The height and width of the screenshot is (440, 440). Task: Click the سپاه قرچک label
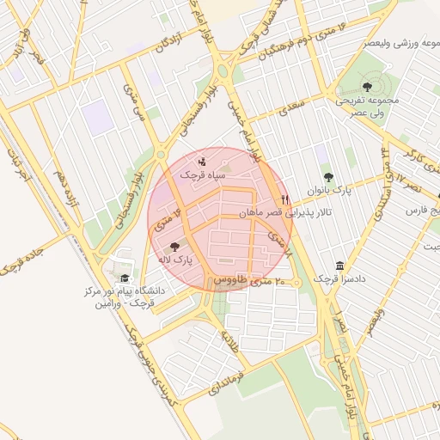tap(203, 174)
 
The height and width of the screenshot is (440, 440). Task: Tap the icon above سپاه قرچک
tap(202, 160)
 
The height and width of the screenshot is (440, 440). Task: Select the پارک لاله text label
tap(174, 259)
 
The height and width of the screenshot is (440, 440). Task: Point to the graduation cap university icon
tap(125, 278)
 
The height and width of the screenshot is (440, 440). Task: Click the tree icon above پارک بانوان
tap(328, 176)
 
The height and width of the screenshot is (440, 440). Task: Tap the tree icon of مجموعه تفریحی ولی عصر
tap(368, 86)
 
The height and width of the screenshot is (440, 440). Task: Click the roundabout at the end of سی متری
tap(161, 156)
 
